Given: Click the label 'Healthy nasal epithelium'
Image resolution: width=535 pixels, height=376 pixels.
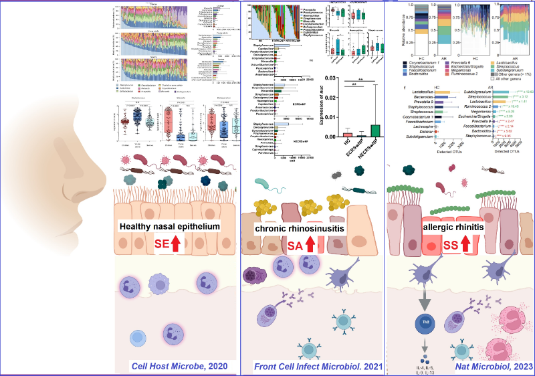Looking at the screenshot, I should point(170,227).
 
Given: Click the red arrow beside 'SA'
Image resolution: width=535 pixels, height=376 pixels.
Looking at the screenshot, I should point(310,246).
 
